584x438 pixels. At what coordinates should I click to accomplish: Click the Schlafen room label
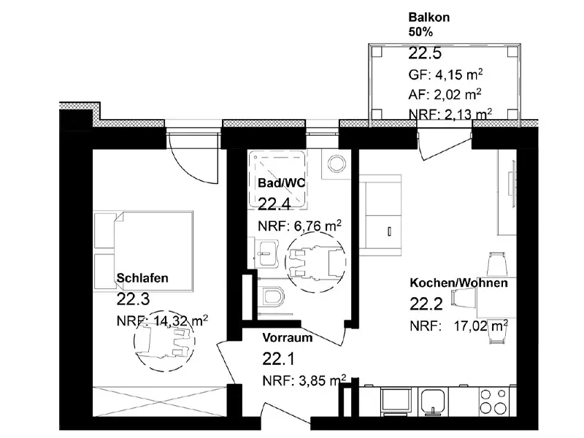tap(142, 278)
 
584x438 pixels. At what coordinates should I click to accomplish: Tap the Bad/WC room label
tap(281, 183)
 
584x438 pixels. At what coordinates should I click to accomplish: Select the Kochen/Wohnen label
tap(458, 283)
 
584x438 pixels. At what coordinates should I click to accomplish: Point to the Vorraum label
tap(287, 338)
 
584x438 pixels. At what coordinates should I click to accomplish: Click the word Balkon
tap(429, 17)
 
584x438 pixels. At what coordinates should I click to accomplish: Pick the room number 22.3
tap(133, 299)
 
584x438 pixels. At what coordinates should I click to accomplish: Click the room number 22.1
tap(279, 359)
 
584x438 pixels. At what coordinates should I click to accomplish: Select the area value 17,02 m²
tap(481, 326)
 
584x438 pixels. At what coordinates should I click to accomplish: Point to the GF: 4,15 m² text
tap(446, 74)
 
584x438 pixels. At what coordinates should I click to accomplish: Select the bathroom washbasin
tap(266, 253)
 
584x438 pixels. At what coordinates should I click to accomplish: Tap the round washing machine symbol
tap(337, 164)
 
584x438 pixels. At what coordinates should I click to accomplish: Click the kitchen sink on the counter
tap(433, 401)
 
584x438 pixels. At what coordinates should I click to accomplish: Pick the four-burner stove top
tap(492, 401)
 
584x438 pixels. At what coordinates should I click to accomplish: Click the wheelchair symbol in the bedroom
tap(164, 339)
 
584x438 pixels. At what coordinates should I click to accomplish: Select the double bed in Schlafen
tap(143, 251)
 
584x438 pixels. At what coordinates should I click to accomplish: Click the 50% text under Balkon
tap(421, 32)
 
